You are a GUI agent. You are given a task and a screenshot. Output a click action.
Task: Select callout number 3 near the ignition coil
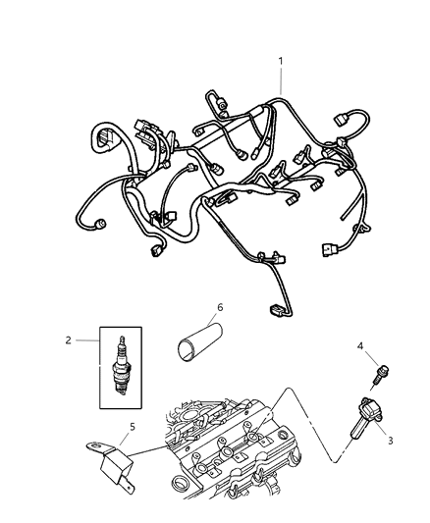tap(390, 441)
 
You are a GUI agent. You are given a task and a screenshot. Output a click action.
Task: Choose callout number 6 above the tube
tap(220, 308)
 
